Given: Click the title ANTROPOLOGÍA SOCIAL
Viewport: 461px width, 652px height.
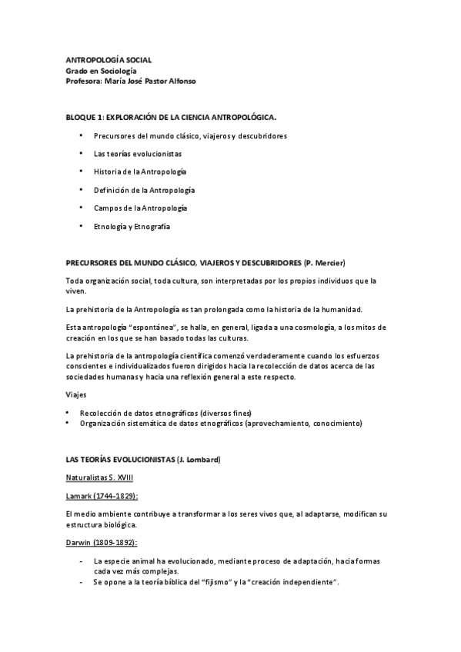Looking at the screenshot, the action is (109, 58).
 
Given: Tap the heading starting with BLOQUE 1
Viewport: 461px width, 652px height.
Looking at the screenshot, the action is (170, 117).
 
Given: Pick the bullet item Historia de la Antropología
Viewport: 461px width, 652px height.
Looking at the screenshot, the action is (140, 171).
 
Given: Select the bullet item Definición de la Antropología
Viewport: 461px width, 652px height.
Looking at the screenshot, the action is (144, 190).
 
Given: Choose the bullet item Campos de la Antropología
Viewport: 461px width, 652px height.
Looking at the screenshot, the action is (140, 208).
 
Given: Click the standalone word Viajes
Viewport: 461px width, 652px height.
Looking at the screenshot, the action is (75, 394).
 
